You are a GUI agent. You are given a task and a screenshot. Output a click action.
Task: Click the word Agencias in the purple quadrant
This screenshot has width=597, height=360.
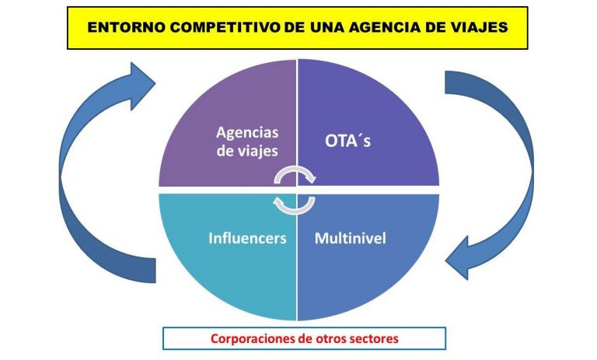[247, 133]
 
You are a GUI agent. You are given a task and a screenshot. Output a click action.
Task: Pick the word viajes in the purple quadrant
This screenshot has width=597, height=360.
[258, 151]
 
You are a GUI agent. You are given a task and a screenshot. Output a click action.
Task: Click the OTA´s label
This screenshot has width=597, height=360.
[347, 141]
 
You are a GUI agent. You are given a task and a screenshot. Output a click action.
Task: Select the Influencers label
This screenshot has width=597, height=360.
[247, 238]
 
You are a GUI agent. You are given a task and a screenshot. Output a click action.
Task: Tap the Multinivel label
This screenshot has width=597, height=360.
[351, 238]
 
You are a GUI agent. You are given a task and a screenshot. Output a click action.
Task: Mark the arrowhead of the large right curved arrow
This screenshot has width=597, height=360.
[457, 259]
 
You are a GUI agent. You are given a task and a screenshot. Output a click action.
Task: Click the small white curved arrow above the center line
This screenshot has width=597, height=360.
[295, 176]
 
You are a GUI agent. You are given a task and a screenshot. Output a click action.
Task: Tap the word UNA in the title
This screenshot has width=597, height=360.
[326, 27]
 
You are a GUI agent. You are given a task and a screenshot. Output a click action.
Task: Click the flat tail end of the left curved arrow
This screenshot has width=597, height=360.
[155, 271]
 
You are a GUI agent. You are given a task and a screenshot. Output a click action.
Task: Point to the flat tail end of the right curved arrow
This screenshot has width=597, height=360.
[446, 82]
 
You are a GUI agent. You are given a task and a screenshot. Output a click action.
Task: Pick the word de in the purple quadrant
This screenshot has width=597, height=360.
[225, 151]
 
